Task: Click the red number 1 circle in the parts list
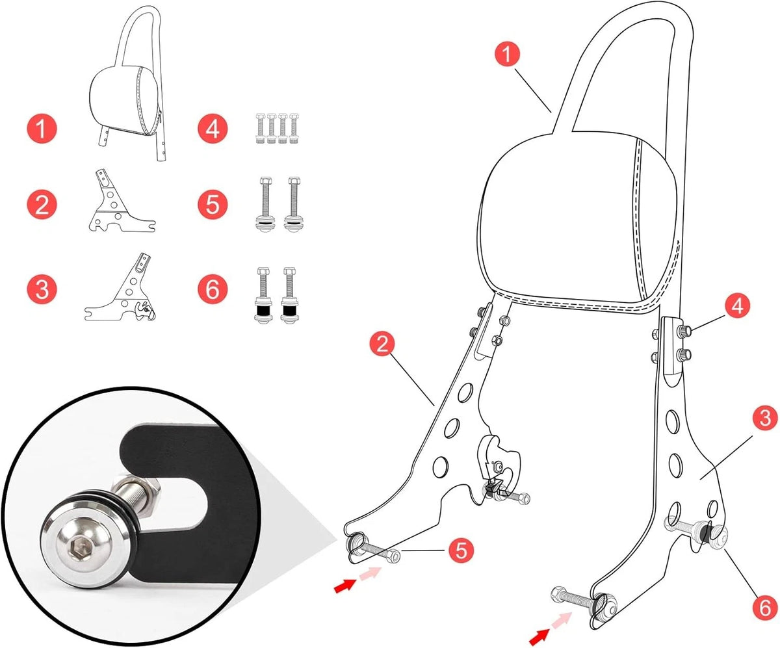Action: point(42,129)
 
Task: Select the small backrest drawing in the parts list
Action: point(128,83)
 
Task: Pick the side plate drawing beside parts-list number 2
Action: point(122,201)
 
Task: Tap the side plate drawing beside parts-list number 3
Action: point(120,287)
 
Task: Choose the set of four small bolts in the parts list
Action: point(277,128)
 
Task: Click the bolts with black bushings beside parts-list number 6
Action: point(276,295)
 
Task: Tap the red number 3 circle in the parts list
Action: point(42,289)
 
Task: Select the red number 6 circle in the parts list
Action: point(212,289)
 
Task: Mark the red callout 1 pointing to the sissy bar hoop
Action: point(507,54)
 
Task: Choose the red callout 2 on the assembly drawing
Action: point(382,344)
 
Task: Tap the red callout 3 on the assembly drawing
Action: point(765,417)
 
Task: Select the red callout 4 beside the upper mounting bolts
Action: point(737,305)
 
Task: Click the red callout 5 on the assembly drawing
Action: point(461,549)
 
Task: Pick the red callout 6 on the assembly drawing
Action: point(765,608)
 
